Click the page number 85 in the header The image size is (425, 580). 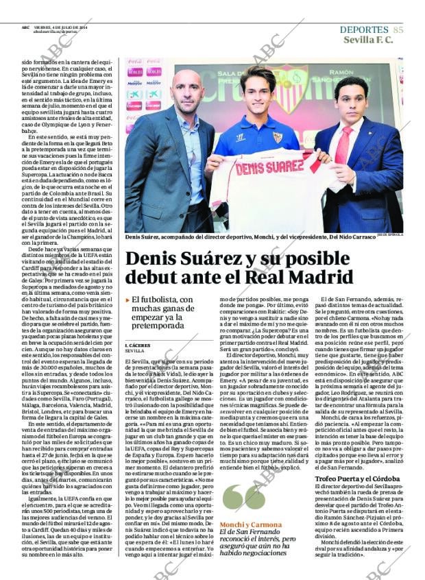point(398,29)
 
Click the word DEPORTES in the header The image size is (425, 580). point(364,29)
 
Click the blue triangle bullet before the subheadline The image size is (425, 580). point(127,300)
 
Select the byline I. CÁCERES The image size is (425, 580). point(138,345)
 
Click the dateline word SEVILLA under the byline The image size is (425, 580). point(135,351)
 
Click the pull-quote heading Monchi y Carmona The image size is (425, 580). point(241,524)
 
